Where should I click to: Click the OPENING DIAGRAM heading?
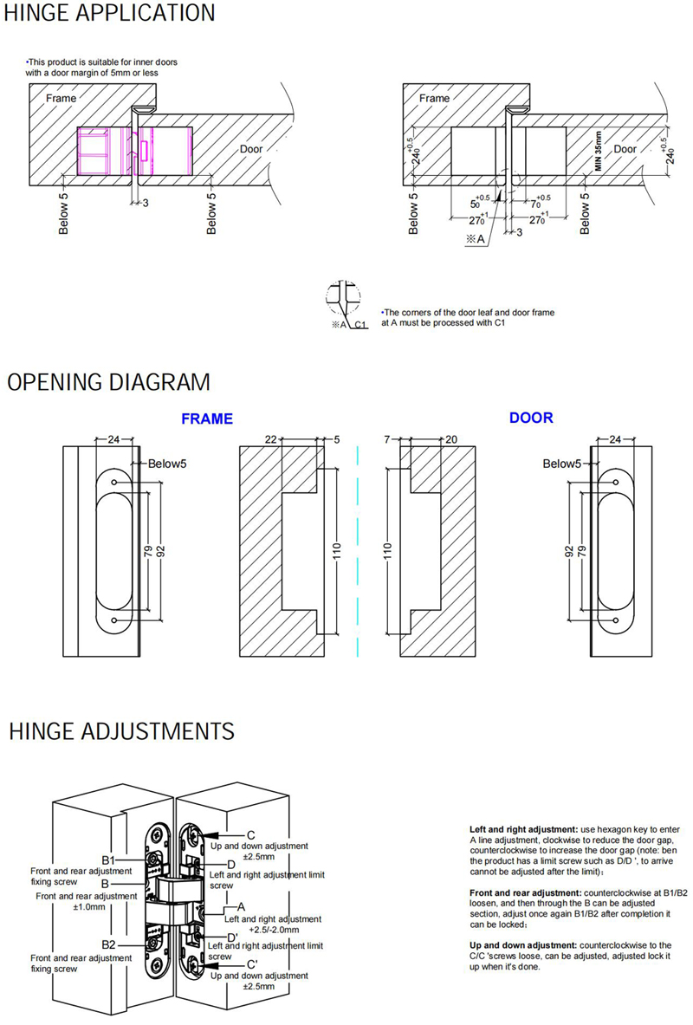pyautogui.click(x=108, y=382)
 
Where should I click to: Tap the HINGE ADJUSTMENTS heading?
pyautogui.click(x=121, y=731)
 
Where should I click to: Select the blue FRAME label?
pyautogui.click(x=206, y=419)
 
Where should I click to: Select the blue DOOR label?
pyautogui.click(x=530, y=418)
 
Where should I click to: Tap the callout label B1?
pyautogui.click(x=108, y=860)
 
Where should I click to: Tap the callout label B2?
pyautogui.click(x=108, y=944)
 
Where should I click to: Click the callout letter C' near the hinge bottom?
pyautogui.click(x=252, y=964)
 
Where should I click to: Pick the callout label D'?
pyautogui.click(x=232, y=937)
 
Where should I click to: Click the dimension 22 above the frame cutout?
pyautogui.click(x=270, y=440)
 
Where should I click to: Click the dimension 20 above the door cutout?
pyautogui.click(x=450, y=440)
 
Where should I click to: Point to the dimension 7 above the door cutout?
pyautogui.click(x=386, y=440)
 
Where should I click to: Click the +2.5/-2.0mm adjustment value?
pyautogui.click(x=273, y=928)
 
